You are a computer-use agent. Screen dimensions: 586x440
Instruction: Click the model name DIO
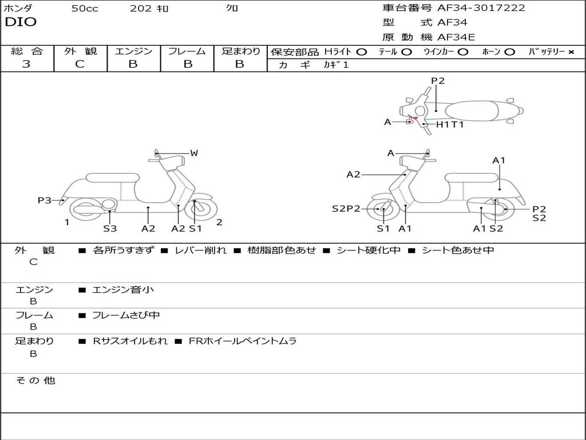point(21,22)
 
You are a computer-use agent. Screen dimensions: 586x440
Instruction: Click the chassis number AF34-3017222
point(481,8)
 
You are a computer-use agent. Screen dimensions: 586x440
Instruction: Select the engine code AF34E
point(456,37)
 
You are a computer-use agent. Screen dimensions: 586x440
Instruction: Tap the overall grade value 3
point(26,64)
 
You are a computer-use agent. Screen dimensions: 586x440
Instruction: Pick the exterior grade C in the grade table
point(80,64)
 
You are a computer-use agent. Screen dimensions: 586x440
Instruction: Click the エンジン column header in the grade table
point(133,51)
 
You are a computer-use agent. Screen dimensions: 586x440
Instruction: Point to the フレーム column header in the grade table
point(187,51)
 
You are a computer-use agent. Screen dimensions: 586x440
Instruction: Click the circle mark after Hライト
point(361,52)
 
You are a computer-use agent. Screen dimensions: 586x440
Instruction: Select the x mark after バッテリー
point(571,52)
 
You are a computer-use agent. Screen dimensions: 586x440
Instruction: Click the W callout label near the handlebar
point(194,153)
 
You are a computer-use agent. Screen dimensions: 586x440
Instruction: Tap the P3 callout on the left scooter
point(45,200)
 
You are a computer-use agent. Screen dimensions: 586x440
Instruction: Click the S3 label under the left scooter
point(110,229)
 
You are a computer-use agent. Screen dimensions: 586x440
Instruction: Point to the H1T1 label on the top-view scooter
point(450,124)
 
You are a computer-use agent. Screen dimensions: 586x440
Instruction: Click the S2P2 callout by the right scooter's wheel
point(346,209)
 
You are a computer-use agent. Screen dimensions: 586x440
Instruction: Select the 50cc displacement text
point(85,9)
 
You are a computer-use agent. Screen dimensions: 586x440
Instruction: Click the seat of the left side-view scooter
point(112,178)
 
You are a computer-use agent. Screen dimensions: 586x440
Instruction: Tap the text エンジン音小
point(123,290)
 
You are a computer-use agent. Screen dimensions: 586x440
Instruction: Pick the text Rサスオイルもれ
point(130,341)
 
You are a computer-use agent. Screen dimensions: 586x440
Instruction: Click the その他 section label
point(35,380)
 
